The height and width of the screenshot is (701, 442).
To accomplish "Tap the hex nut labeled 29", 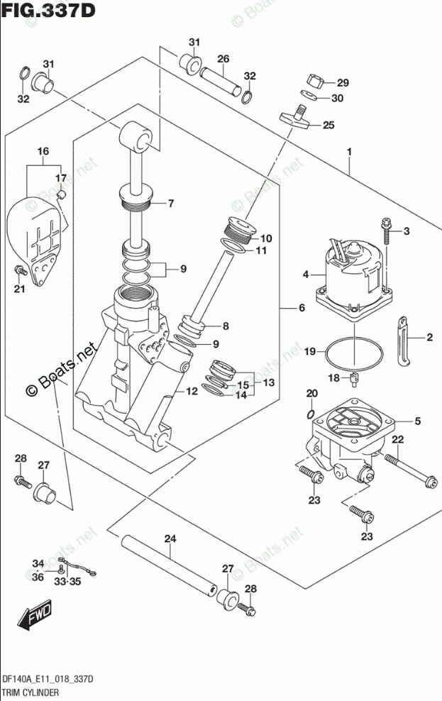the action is [316, 82].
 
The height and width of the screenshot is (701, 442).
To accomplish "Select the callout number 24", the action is [170, 539].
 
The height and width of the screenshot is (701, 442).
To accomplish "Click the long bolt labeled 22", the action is [410, 470].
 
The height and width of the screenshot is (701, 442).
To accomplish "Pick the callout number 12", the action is [192, 392].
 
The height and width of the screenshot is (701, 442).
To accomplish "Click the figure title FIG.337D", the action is [49, 10].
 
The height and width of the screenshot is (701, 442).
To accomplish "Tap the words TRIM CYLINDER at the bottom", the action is [31, 693].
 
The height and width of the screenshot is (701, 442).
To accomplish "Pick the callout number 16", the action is [43, 152].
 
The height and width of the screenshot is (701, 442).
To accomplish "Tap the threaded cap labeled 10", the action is [240, 229].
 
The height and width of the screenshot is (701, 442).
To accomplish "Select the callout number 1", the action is [349, 152].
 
